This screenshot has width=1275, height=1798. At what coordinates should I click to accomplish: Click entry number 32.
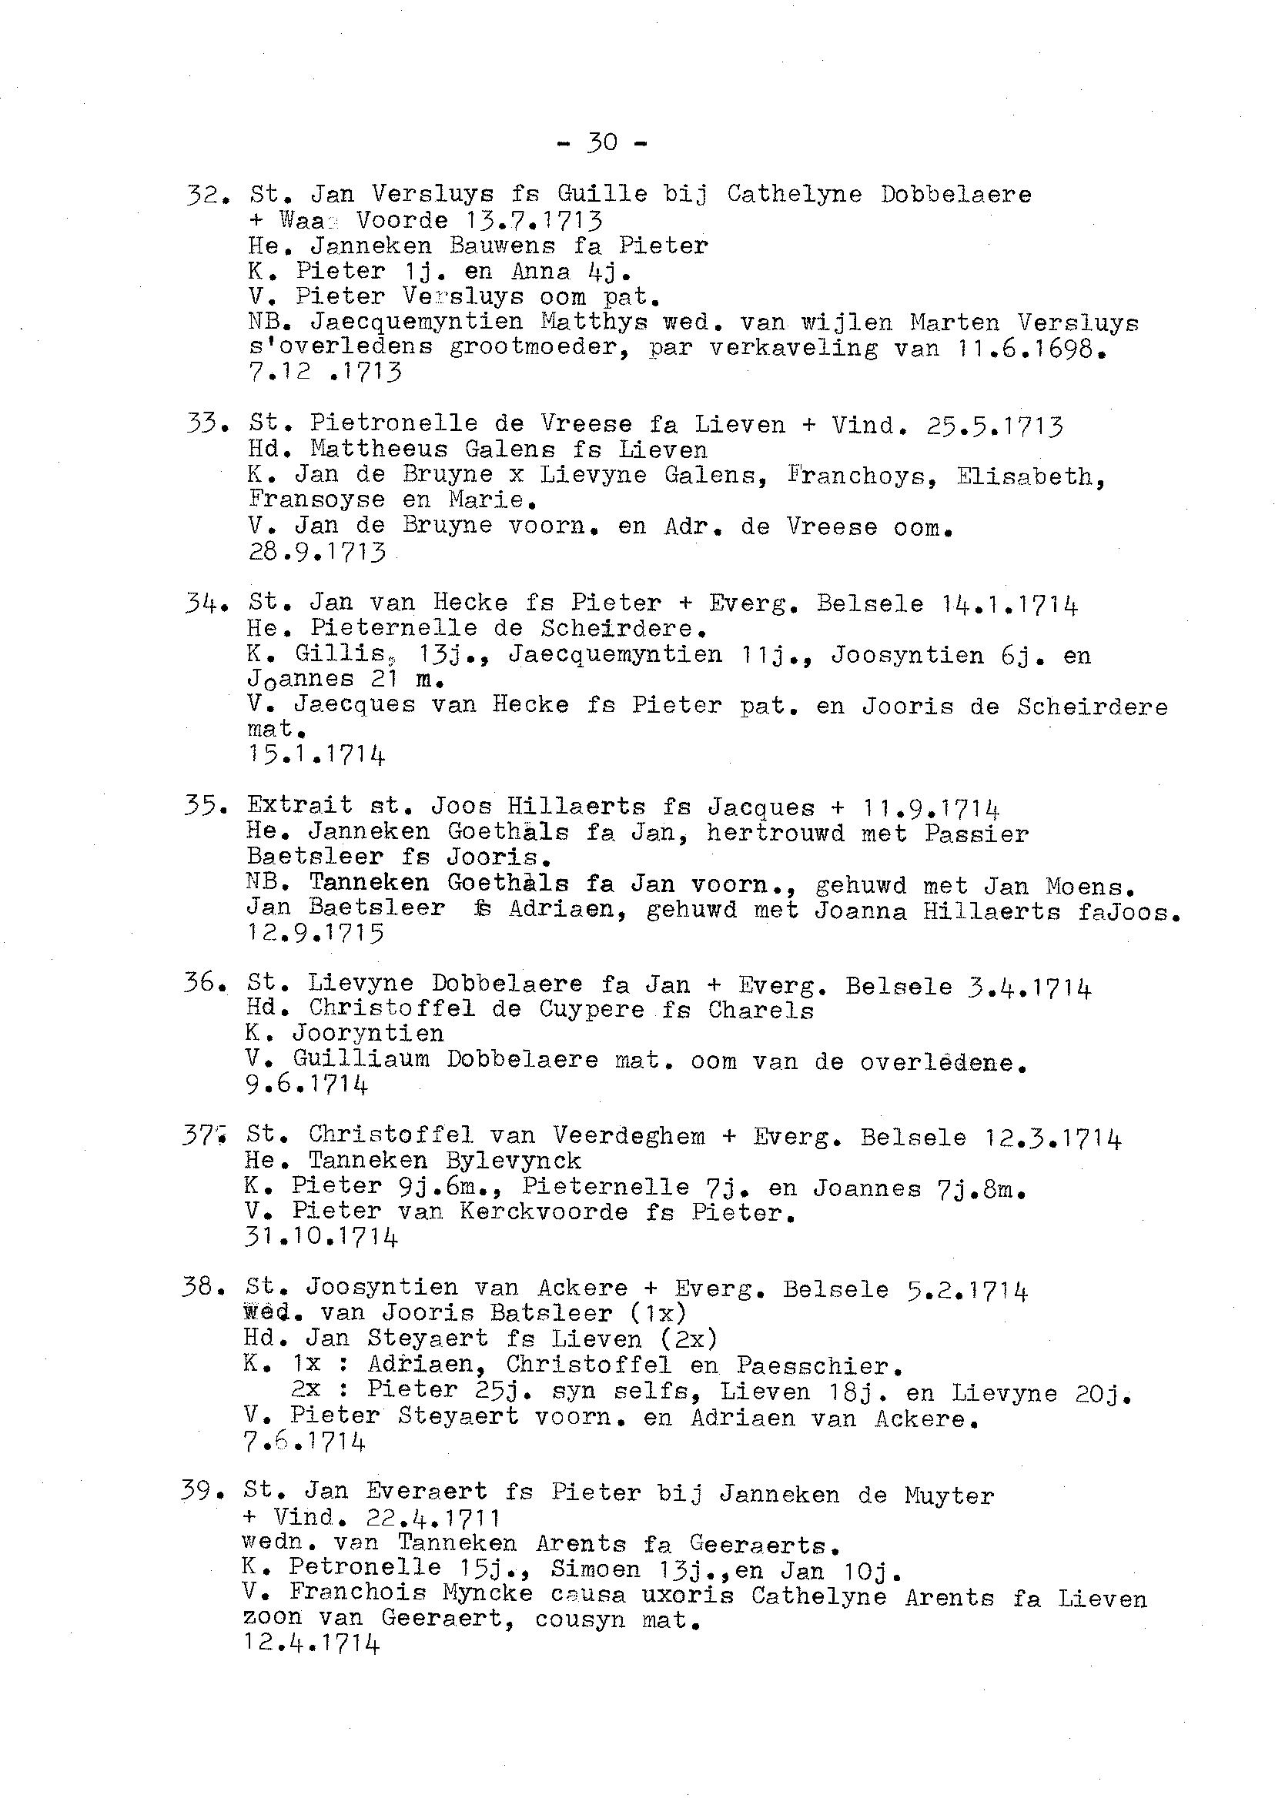pos(206,194)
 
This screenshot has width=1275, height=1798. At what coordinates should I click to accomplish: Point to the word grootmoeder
pos(540,348)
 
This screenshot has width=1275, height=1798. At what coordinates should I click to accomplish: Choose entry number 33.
pos(206,424)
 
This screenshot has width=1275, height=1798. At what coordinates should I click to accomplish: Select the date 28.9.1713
pos(317,552)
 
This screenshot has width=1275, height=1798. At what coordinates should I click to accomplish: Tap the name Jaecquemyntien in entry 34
pos(614,653)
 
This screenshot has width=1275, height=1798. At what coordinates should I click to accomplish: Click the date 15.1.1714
pos(316,755)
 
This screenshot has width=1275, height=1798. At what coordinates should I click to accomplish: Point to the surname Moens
pos(1089,886)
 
